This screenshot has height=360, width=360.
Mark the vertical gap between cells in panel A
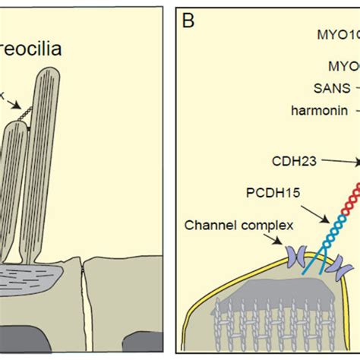[x=85, y=304]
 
